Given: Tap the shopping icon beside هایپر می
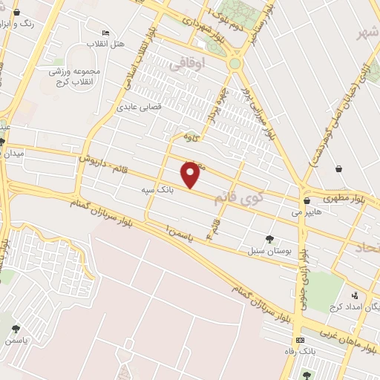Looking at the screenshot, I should pos(306,200).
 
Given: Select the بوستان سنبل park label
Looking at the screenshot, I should pos(266,251).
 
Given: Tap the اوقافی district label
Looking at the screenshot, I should pos(197,65).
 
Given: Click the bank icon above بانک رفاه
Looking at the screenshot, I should pos(300,339).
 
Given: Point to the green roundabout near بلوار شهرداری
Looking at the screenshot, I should pos(235,64).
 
